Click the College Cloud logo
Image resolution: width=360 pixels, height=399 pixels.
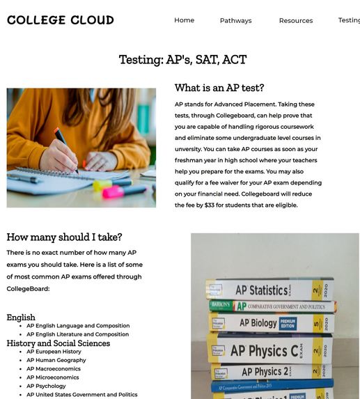(61, 20)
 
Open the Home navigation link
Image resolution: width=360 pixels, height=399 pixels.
(184, 20)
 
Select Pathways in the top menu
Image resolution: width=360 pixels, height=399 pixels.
(235, 21)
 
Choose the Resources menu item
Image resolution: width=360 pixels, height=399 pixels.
(296, 21)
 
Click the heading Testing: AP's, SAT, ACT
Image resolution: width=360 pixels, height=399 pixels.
(182, 60)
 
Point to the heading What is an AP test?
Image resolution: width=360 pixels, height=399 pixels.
(219, 88)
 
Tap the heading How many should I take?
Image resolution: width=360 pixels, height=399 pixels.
(64, 237)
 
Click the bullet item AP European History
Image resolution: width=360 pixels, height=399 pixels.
(54, 352)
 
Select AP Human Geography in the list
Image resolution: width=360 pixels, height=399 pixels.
(56, 360)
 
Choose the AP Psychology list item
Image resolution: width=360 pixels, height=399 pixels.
(46, 386)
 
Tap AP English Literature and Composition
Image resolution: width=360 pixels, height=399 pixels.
(77, 334)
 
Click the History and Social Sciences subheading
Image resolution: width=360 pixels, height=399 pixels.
(58, 343)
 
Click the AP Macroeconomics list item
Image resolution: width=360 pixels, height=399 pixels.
(54, 369)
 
